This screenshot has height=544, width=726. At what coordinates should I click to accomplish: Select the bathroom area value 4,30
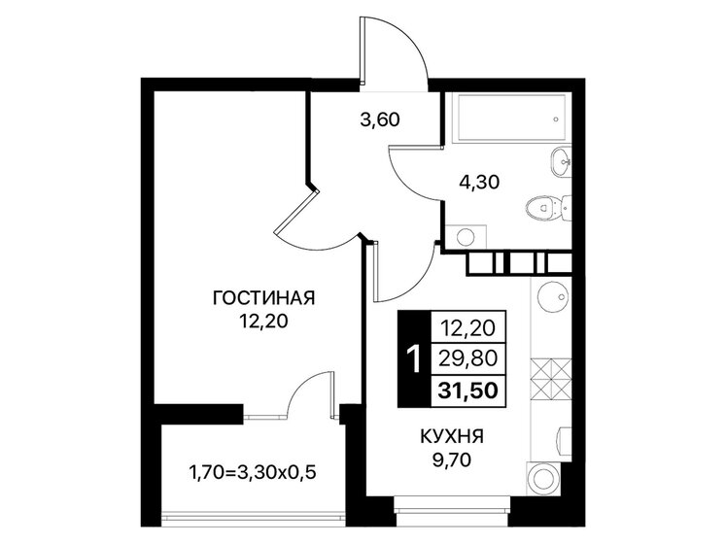tap(479, 181)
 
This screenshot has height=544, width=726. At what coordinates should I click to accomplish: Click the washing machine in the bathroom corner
tap(464, 234)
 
